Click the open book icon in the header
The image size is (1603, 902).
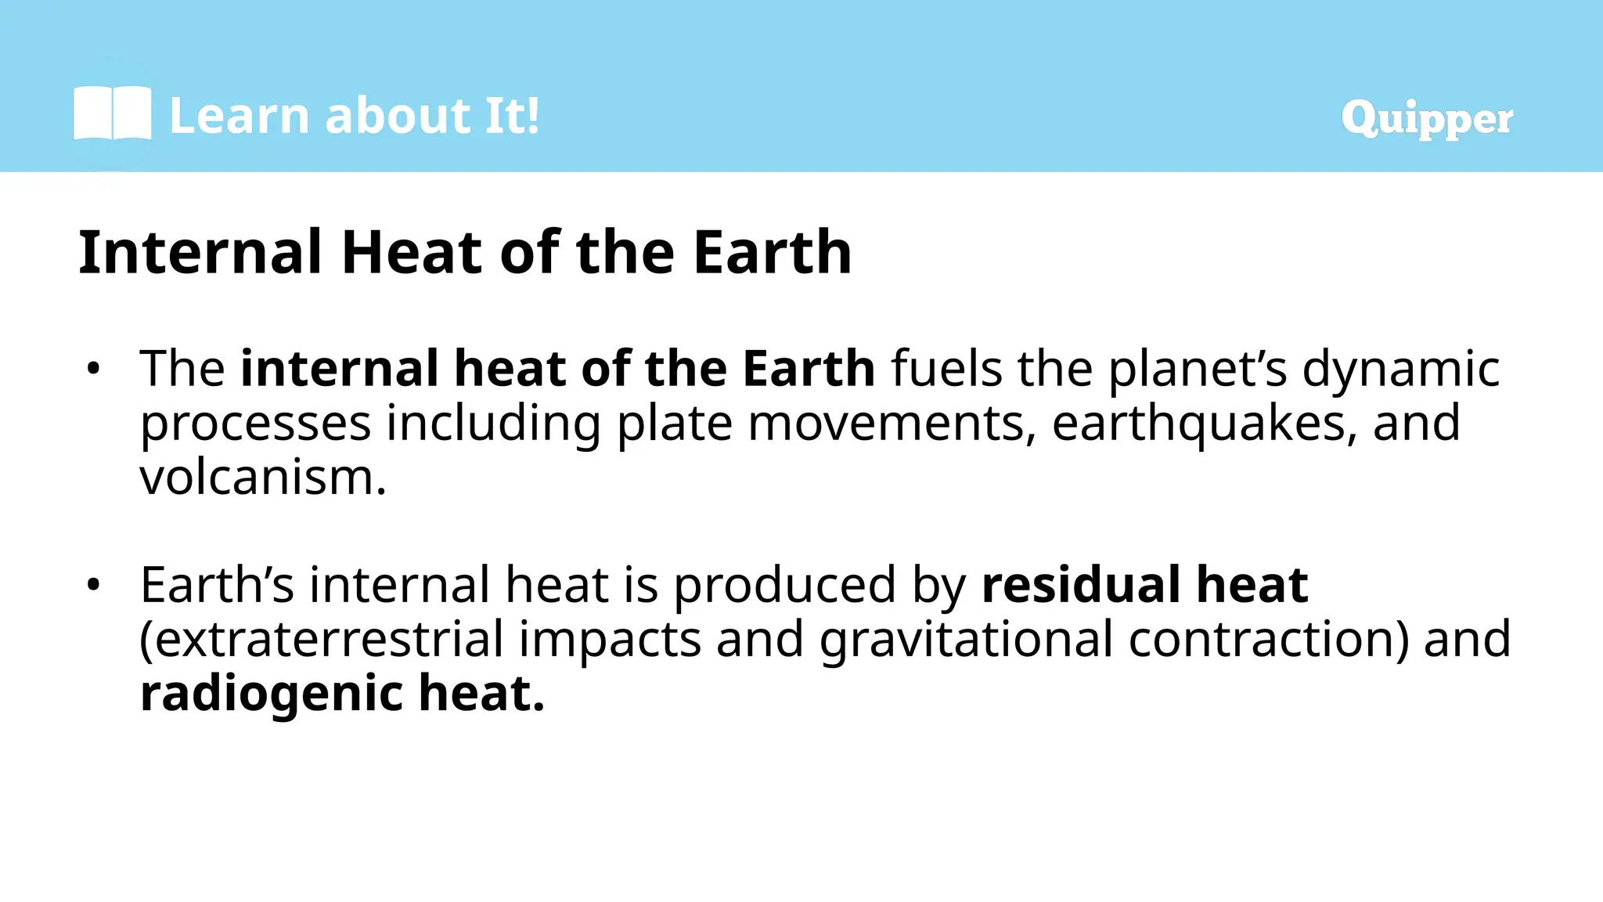(112, 114)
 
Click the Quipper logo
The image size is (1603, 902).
(1426, 119)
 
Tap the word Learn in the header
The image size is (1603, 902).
(240, 116)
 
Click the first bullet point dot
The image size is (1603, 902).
(94, 369)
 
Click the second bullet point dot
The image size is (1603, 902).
(94, 585)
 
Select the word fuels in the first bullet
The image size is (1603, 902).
(946, 369)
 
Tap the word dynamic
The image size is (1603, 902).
(1400, 369)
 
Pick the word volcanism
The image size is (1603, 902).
(262, 478)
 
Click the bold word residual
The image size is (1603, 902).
(1080, 585)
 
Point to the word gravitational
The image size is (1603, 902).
(966, 640)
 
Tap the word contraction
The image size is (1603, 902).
(1268, 640)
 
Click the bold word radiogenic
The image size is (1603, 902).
(270, 694)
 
